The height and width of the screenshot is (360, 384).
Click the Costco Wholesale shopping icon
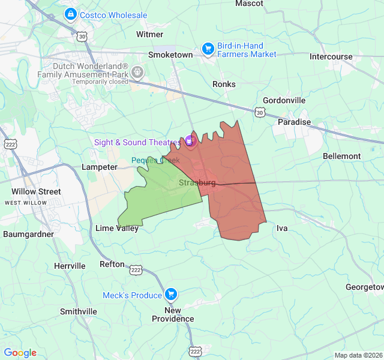point(71,13)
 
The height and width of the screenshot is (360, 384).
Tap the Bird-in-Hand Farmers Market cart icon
point(208,49)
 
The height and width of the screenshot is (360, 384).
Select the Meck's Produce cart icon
point(171,295)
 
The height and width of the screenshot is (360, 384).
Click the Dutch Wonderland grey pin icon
point(137,73)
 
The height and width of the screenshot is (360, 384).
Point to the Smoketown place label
point(170,55)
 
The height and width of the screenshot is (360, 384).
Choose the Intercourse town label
point(331,56)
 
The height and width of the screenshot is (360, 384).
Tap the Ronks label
point(224,85)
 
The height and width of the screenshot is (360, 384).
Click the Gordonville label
point(284,100)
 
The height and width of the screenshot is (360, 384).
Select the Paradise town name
point(294,122)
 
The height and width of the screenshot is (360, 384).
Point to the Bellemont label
point(342,156)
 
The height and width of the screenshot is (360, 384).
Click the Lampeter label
point(100,167)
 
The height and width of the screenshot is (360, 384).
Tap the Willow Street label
point(36,192)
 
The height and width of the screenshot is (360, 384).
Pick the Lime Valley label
point(117,228)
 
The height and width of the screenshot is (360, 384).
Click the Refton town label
point(112,264)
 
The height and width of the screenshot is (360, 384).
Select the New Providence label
point(172,314)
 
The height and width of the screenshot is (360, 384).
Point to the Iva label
point(282,228)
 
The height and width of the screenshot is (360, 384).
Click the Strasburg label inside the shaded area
point(197,182)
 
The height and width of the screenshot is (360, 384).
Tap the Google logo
point(20,353)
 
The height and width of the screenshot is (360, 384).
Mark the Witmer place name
point(149,34)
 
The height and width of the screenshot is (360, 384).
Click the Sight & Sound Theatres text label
point(137,142)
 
